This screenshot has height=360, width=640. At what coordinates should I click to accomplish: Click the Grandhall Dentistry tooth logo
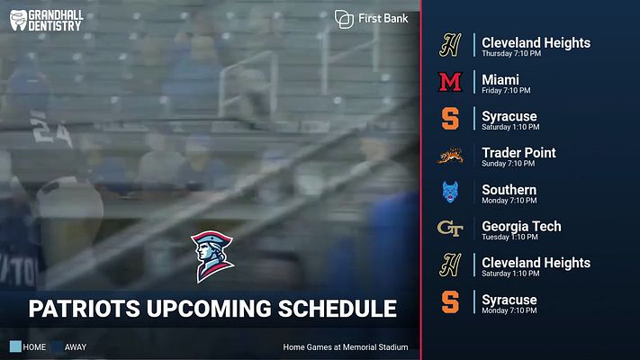(18, 20)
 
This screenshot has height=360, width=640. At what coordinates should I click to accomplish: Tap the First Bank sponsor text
(383, 18)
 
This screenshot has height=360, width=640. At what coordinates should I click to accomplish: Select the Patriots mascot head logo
(212, 256)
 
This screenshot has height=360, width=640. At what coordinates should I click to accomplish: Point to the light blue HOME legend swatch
(15, 346)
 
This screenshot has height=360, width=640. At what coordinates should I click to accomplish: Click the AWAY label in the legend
(76, 346)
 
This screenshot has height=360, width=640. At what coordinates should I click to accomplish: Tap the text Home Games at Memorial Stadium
(346, 346)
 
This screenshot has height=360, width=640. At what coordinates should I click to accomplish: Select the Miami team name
(500, 79)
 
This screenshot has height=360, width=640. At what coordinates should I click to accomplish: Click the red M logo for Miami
(449, 82)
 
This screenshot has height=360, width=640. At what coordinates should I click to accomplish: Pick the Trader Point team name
(518, 153)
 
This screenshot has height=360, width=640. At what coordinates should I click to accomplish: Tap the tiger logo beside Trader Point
(449, 156)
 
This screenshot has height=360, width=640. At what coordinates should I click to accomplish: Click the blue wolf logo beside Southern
(449, 193)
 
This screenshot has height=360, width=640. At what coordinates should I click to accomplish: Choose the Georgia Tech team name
(521, 226)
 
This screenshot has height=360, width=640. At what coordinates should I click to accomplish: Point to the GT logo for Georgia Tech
(449, 229)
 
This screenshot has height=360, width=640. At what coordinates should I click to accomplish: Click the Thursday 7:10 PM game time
(511, 54)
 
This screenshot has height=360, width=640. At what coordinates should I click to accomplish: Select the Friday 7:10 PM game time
(506, 91)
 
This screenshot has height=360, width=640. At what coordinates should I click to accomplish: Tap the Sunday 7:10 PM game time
(508, 165)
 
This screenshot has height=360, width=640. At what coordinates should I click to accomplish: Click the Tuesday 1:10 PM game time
(509, 238)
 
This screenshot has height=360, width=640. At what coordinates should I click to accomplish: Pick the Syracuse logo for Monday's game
(449, 302)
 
